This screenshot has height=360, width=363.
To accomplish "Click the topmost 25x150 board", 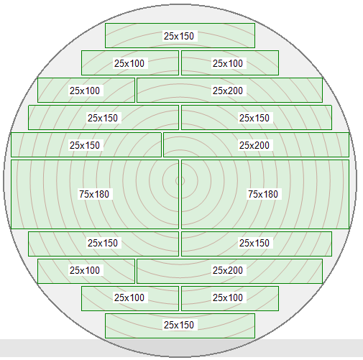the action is pyautogui.click(x=180, y=35).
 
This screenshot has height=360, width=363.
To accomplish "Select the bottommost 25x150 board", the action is pyautogui.click(x=180, y=326).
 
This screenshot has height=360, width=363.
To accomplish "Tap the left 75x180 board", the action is pyautogui.click(x=95, y=194).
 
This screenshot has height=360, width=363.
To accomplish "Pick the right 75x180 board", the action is pyautogui.click(x=265, y=194).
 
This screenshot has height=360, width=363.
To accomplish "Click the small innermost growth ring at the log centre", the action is pyautogui.click(x=180, y=181).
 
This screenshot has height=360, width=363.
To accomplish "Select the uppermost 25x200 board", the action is pyautogui.click(x=229, y=90).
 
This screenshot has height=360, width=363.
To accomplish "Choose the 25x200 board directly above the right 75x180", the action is pyautogui.click(x=256, y=144).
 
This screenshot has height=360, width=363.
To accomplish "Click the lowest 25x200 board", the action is pyautogui.click(x=229, y=271).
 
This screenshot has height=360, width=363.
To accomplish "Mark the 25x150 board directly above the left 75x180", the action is pyautogui.click(x=86, y=144).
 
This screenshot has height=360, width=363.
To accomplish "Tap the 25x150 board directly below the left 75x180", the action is pyautogui.click(x=104, y=244).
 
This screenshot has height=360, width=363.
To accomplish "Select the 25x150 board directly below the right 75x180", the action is pyautogui.click(x=257, y=244).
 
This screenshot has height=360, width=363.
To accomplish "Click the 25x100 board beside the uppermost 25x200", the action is pyautogui.click(x=86, y=90).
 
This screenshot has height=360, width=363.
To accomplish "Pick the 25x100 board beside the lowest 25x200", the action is pyautogui.click(x=86, y=271).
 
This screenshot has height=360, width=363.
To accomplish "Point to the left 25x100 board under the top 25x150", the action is pyautogui.click(x=130, y=63).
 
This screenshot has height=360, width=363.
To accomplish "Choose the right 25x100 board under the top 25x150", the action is pyautogui.click(x=230, y=63).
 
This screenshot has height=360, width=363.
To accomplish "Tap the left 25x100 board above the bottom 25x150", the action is pyautogui.click(x=130, y=298).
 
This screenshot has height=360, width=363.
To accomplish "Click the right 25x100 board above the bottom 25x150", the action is pyautogui.click(x=230, y=298).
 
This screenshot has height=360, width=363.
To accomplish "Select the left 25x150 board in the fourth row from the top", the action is pyautogui.click(x=104, y=117).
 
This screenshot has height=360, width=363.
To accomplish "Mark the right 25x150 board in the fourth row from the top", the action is pyautogui.click(x=257, y=117).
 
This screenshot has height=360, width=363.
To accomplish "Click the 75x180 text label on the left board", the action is pyautogui.click(x=94, y=194).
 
